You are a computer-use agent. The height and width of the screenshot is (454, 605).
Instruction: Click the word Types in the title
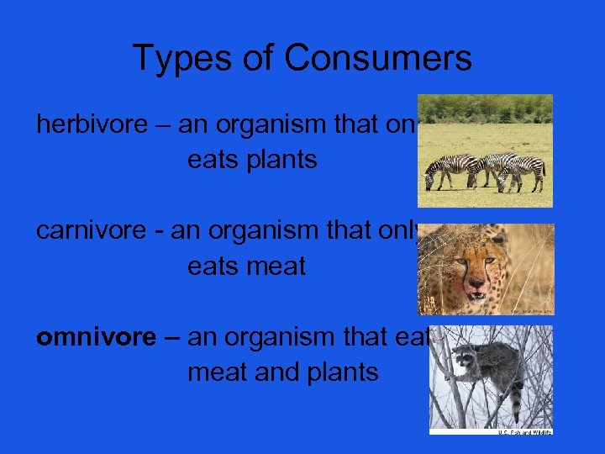pyautogui.click(x=177, y=59)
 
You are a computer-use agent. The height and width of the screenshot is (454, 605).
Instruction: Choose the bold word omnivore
pyautogui.click(x=95, y=337)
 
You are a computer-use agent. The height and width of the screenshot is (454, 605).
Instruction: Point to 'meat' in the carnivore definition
pyautogui.click(x=274, y=267)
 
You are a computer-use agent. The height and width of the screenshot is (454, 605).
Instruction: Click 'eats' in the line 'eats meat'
pyautogui.click(x=213, y=267)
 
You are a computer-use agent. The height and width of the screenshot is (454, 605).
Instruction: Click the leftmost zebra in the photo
pyautogui.click(x=442, y=171)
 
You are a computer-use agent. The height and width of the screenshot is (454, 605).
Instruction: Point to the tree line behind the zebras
pyautogui.click(x=486, y=108)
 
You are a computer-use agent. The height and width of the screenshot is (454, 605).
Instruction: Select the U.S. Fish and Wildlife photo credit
pyautogui.click(x=523, y=431)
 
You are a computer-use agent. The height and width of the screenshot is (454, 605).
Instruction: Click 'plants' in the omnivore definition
pyautogui.click(x=340, y=372)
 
